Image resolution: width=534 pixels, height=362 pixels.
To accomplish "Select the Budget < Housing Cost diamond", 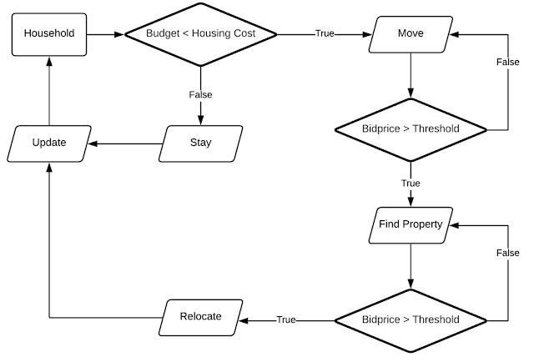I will [x=200, y=34].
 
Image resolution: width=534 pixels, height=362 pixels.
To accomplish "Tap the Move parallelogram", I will [x=411, y=34].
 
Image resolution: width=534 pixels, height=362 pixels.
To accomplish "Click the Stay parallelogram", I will [x=200, y=143].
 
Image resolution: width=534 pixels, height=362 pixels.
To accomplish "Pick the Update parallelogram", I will [x=48, y=143].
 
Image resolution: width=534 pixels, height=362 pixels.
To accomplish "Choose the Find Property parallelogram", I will [x=411, y=224].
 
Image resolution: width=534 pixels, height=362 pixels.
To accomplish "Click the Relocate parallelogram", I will [x=200, y=317].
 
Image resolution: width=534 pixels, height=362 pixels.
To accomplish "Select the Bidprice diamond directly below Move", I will [x=411, y=129].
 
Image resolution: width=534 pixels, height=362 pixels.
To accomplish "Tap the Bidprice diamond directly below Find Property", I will [x=411, y=319].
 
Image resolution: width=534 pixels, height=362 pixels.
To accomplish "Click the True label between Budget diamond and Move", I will [x=325, y=34].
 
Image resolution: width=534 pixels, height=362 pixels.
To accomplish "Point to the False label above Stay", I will [x=200, y=95].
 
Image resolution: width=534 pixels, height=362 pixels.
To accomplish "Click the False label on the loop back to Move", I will [x=507, y=63].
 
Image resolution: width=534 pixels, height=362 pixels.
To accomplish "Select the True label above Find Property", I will [x=411, y=184].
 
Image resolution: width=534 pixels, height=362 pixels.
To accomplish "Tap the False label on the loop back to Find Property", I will [x=507, y=253].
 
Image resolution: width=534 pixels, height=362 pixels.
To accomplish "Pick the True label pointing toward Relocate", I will [x=286, y=319].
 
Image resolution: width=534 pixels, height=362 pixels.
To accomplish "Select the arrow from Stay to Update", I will [x=125, y=143].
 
